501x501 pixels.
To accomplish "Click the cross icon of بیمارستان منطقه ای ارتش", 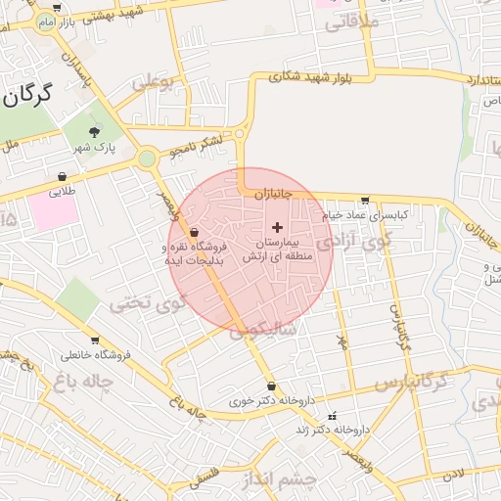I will pos(276,227).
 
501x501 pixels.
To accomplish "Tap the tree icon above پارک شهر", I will pos(94,131).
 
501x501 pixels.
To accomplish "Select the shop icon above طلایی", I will pos(63,177).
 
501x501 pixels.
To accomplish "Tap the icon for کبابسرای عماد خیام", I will pos(365,201).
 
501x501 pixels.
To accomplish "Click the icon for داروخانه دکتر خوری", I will pos(270,387).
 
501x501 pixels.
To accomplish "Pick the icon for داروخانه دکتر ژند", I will pos(332,415).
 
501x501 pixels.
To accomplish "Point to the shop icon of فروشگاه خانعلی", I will pos(94,341).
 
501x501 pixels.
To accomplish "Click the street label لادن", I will pos(452,476).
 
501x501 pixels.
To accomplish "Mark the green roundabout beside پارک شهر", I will pos(147,158).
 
